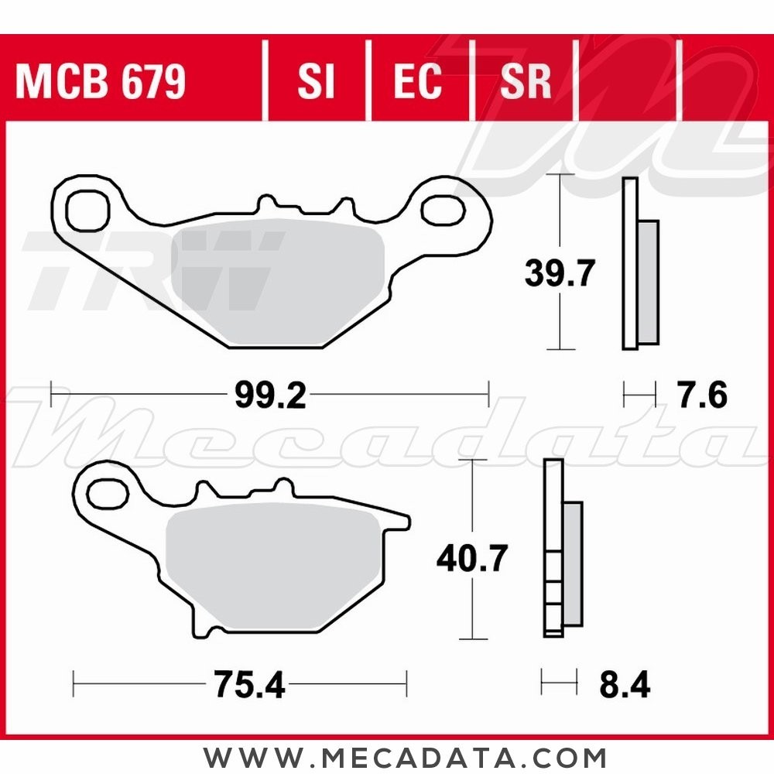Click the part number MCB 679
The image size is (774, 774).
tap(101, 81)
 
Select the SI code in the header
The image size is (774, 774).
tap(315, 81)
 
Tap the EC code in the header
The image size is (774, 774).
tap(417, 81)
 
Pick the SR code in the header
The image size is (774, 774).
tap(526, 81)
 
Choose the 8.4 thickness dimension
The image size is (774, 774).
tap(624, 685)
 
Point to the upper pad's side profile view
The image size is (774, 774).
tap(639, 264)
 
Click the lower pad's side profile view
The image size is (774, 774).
tap(562, 550)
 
